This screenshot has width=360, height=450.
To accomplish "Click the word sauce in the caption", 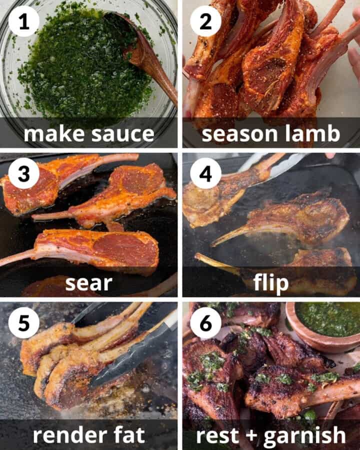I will [124, 134].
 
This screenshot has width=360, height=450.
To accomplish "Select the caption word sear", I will [88, 283].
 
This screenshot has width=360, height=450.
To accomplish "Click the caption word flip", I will [270, 283].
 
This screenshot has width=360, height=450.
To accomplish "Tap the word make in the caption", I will [54, 134].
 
